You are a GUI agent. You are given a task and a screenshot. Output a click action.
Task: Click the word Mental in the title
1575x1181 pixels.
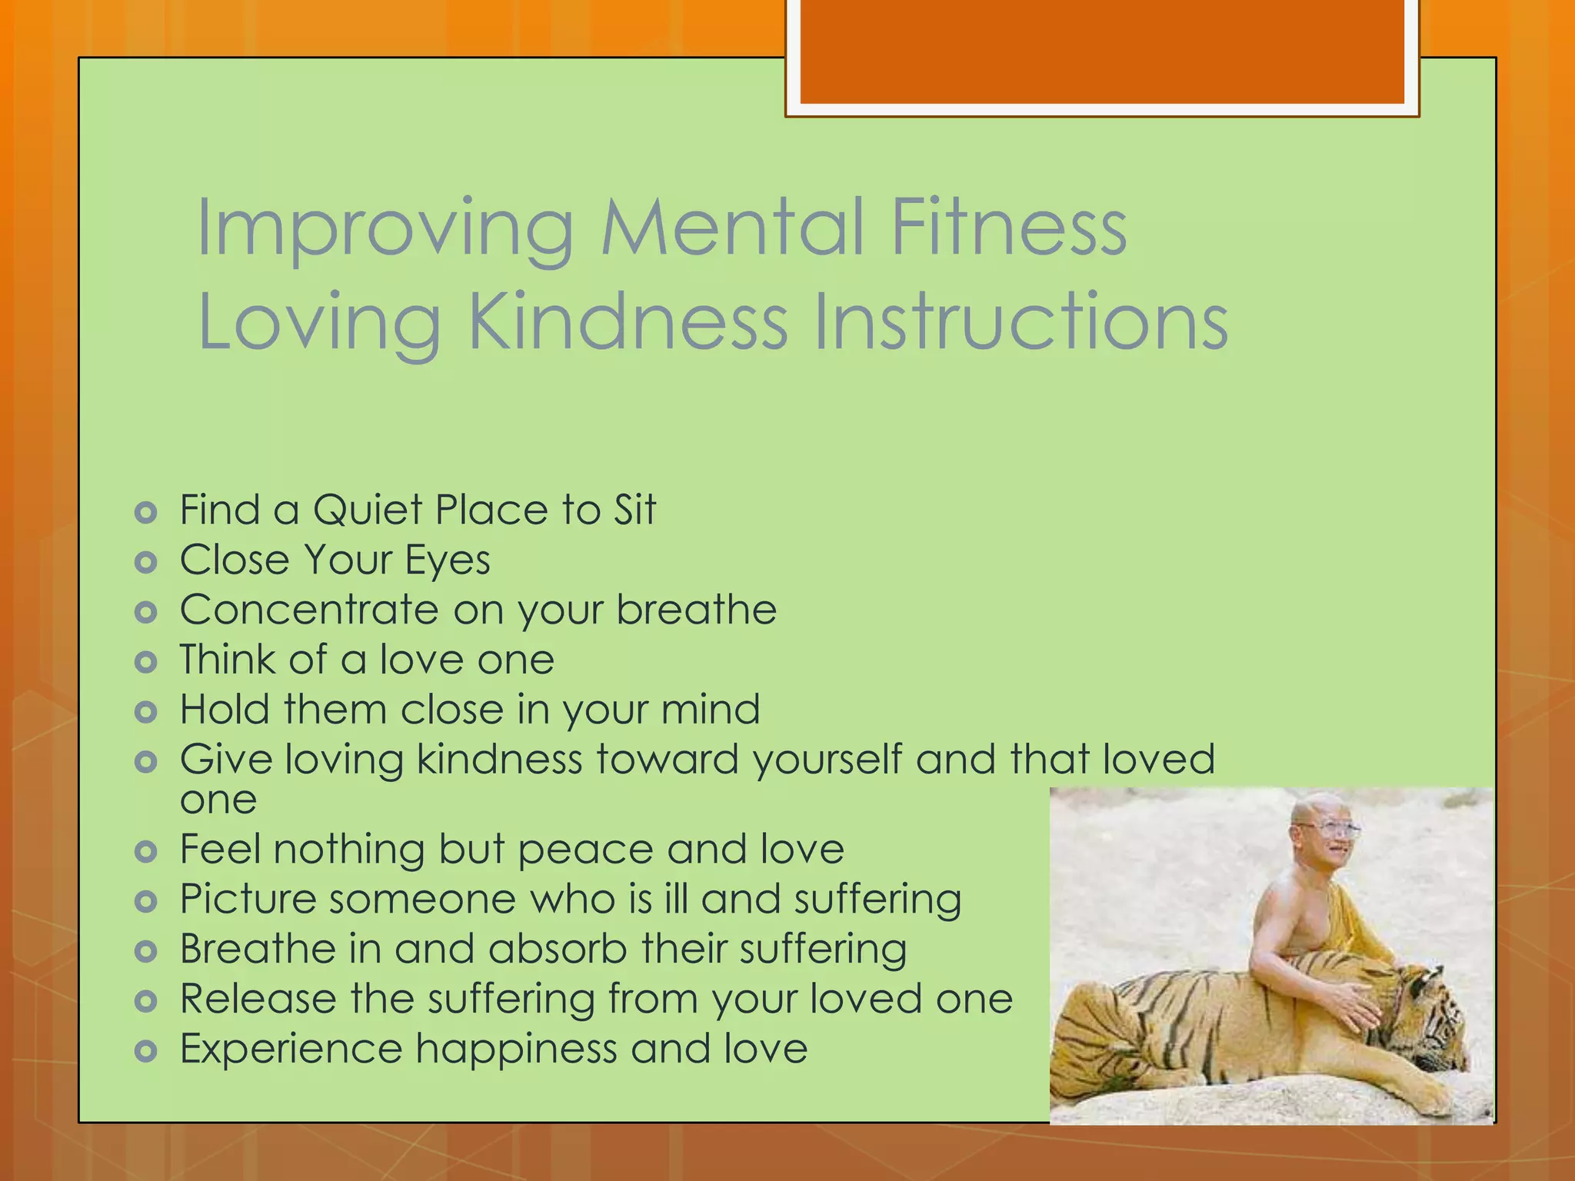point(734,228)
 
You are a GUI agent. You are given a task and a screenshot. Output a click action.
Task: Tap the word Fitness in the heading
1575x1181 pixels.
point(1008,228)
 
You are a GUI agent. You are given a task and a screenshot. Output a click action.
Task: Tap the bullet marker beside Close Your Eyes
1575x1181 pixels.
point(145,563)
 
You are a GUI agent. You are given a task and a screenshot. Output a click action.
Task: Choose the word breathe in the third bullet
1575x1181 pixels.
point(697,610)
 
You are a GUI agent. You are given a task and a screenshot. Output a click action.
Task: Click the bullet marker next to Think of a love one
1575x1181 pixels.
point(145,662)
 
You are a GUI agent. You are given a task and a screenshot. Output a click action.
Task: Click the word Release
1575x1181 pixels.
point(258,1000)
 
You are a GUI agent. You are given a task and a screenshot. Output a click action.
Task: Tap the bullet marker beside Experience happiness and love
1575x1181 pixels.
point(145,1050)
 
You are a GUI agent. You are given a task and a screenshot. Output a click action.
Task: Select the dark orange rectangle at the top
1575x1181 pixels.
point(1102,52)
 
